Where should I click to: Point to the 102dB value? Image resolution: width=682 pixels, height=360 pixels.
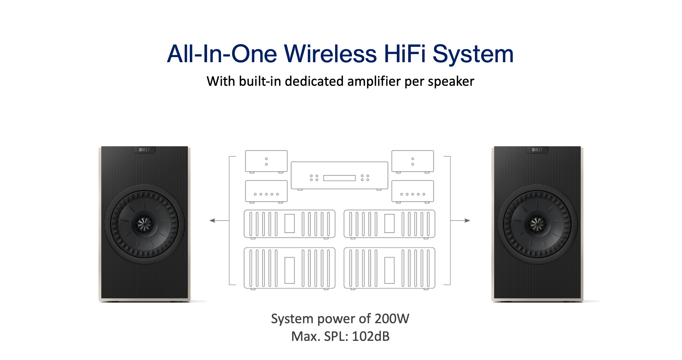(x=370, y=336)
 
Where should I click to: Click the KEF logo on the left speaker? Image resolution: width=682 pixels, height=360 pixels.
(x=145, y=150)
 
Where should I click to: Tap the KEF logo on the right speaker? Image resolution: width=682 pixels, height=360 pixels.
(x=537, y=150)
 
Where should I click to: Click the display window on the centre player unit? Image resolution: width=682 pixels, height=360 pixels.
(x=339, y=178)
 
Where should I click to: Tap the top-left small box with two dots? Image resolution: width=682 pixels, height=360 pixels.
(x=266, y=161)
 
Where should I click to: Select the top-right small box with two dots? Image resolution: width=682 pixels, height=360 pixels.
(x=412, y=161)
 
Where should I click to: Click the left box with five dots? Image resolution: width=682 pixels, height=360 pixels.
(x=266, y=191)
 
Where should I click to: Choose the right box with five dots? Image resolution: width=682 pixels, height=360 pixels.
(x=412, y=191)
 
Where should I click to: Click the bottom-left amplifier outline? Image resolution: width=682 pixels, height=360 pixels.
(x=290, y=268)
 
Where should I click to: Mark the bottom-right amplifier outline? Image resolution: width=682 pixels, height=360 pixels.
(x=389, y=268)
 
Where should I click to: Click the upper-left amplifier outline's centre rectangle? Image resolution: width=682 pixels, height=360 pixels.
(x=290, y=223)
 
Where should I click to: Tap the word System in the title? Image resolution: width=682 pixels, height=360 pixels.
(x=473, y=54)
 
